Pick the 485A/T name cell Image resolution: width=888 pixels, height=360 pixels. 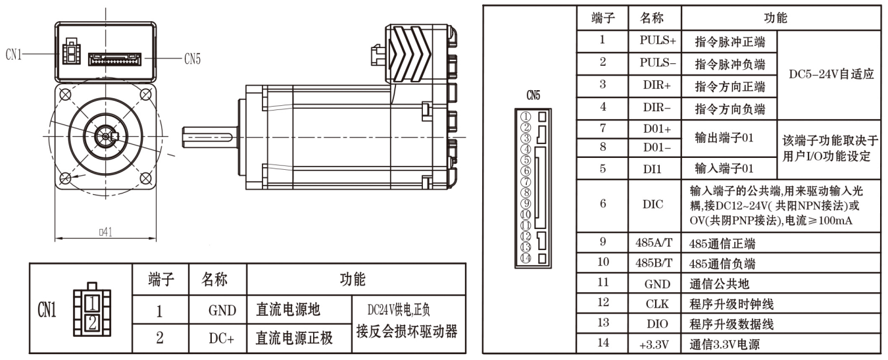[x=654, y=243]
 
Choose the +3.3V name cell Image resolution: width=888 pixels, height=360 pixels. [x=654, y=343]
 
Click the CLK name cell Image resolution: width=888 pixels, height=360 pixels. [x=654, y=303]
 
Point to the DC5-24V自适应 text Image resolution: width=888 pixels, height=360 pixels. [x=831, y=74]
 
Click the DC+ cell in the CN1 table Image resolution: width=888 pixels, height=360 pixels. [x=217, y=338]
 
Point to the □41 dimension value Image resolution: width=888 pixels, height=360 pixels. [x=105, y=232]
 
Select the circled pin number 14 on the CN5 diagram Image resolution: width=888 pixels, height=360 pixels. [x=525, y=258]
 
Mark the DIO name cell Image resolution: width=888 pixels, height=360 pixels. [x=654, y=323]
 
